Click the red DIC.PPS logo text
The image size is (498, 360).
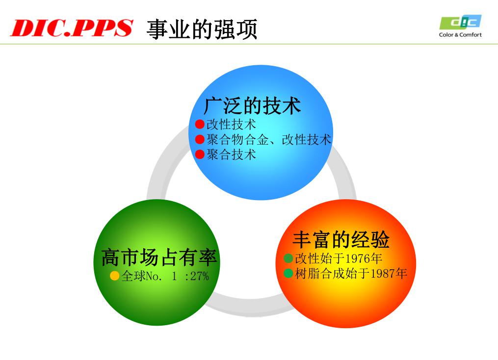point(72,28)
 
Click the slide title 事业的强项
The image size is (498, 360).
point(202,29)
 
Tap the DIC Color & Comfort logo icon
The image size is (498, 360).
point(461,22)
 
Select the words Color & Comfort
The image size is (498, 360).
point(460,35)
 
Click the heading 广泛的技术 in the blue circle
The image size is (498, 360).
point(252,106)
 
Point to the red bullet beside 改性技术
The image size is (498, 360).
point(200,124)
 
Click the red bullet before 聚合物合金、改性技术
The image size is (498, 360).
point(200,139)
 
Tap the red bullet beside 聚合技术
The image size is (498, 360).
point(200,154)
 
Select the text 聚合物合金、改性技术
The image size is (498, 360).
point(269,139)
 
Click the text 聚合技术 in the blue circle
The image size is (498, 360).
point(231,154)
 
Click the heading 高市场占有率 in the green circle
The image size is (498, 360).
point(159,257)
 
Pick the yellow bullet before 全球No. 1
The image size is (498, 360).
point(114,276)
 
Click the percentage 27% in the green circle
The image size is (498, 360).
point(200,276)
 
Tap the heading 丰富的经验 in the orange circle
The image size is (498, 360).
point(341,239)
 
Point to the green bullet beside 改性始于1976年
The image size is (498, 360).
point(288,258)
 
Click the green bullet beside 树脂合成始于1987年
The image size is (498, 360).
point(288,273)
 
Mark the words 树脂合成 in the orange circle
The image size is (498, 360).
point(320,273)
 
